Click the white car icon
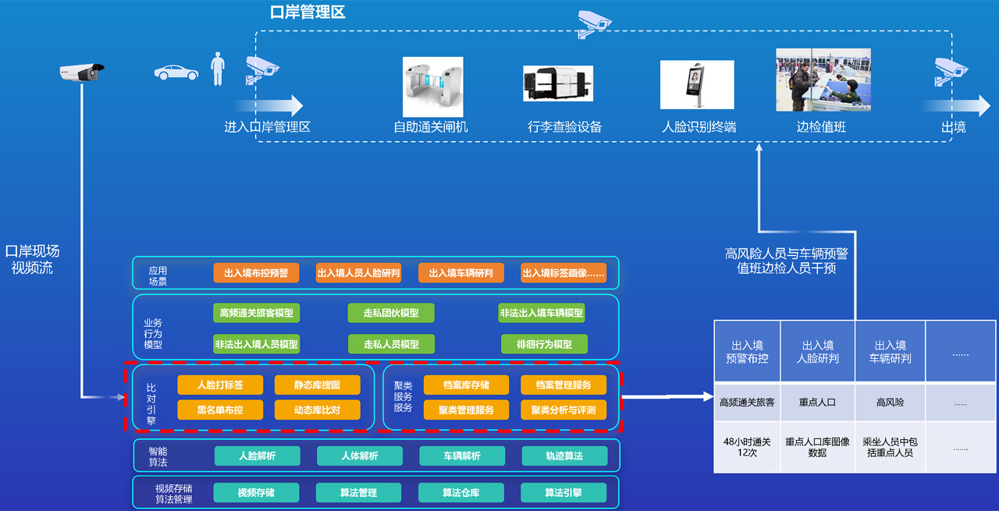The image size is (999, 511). (176, 72)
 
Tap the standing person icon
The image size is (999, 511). (218, 69)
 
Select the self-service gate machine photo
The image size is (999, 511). (432, 87)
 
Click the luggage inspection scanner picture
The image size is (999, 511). (557, 83)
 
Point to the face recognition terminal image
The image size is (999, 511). (696, 84)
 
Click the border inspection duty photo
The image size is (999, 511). (823, 80)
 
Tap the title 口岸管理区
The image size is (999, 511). (307, 12)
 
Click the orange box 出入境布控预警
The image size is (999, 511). (256, 273)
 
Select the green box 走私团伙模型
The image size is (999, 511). (391, 313)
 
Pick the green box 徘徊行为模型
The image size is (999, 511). (544, 344)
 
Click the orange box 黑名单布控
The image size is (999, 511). (220, 410)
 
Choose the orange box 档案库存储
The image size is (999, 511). (466, 385)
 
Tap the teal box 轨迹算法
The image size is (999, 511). (563, 456)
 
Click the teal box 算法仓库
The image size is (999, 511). (460, 492)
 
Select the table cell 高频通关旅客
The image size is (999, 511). (747, 403)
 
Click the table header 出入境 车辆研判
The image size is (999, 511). (890, 352)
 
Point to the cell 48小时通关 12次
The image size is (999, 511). (747, 447)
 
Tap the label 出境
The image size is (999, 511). (954, 126)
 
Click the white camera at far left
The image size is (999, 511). (82, 73)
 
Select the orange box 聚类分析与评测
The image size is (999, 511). (563, 410)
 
